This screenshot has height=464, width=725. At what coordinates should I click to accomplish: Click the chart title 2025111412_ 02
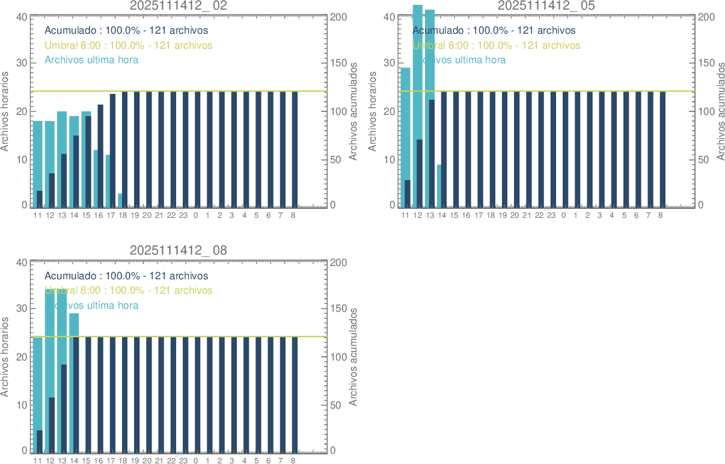click(179, 6)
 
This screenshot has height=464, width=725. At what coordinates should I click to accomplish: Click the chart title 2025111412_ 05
click(546, 6)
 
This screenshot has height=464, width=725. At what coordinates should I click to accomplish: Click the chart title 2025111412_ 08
click(179, 250)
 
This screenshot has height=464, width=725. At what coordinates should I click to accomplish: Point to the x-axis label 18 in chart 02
click(123, 215)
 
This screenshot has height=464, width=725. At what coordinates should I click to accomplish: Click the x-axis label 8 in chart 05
click(661, 215)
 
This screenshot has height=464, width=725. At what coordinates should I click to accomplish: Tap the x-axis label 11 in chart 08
click(37, 460)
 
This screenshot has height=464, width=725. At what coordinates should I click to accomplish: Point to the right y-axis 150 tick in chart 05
click(705, 63)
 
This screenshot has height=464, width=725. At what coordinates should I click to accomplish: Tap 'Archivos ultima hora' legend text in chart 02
click(91, 60)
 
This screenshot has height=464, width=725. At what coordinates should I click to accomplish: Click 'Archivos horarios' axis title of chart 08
click(5, 357)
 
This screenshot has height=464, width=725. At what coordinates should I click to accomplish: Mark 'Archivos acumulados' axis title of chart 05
click(720, 111)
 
